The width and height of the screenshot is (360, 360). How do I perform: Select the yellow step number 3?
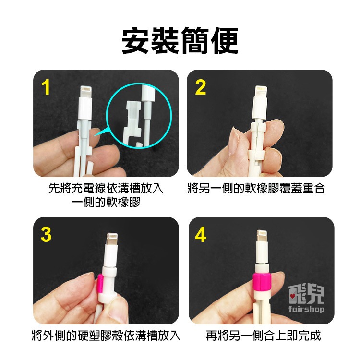(46, 235)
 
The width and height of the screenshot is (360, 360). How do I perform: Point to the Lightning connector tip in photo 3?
(110, 239)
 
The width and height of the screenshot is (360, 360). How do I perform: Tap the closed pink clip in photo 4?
(263, 281)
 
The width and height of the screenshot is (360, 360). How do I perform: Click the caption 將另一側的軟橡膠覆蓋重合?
(256, 189)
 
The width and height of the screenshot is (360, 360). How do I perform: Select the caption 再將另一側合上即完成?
(263, 335)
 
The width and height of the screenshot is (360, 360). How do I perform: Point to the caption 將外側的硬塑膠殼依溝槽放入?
(106, 335)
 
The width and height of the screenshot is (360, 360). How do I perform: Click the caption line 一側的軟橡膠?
(106, 202)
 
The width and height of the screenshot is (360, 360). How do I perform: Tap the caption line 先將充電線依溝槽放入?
(106, 189)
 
